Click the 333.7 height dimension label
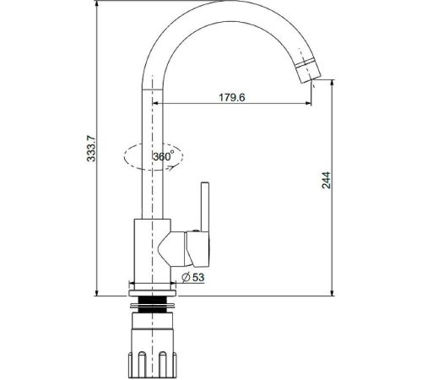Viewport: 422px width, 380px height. [x=91, y=149]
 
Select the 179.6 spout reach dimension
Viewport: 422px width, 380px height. [x=232, y=97]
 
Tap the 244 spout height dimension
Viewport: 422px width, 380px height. [x=327, y=180]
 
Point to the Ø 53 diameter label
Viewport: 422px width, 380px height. [x=193, y=277]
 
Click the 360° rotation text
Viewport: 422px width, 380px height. [x=163, y=156]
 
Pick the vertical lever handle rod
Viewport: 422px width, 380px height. [x=205, y=207]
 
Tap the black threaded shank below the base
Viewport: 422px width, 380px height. [x=152, y=305]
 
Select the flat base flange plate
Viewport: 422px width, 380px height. [x=153, y=293]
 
